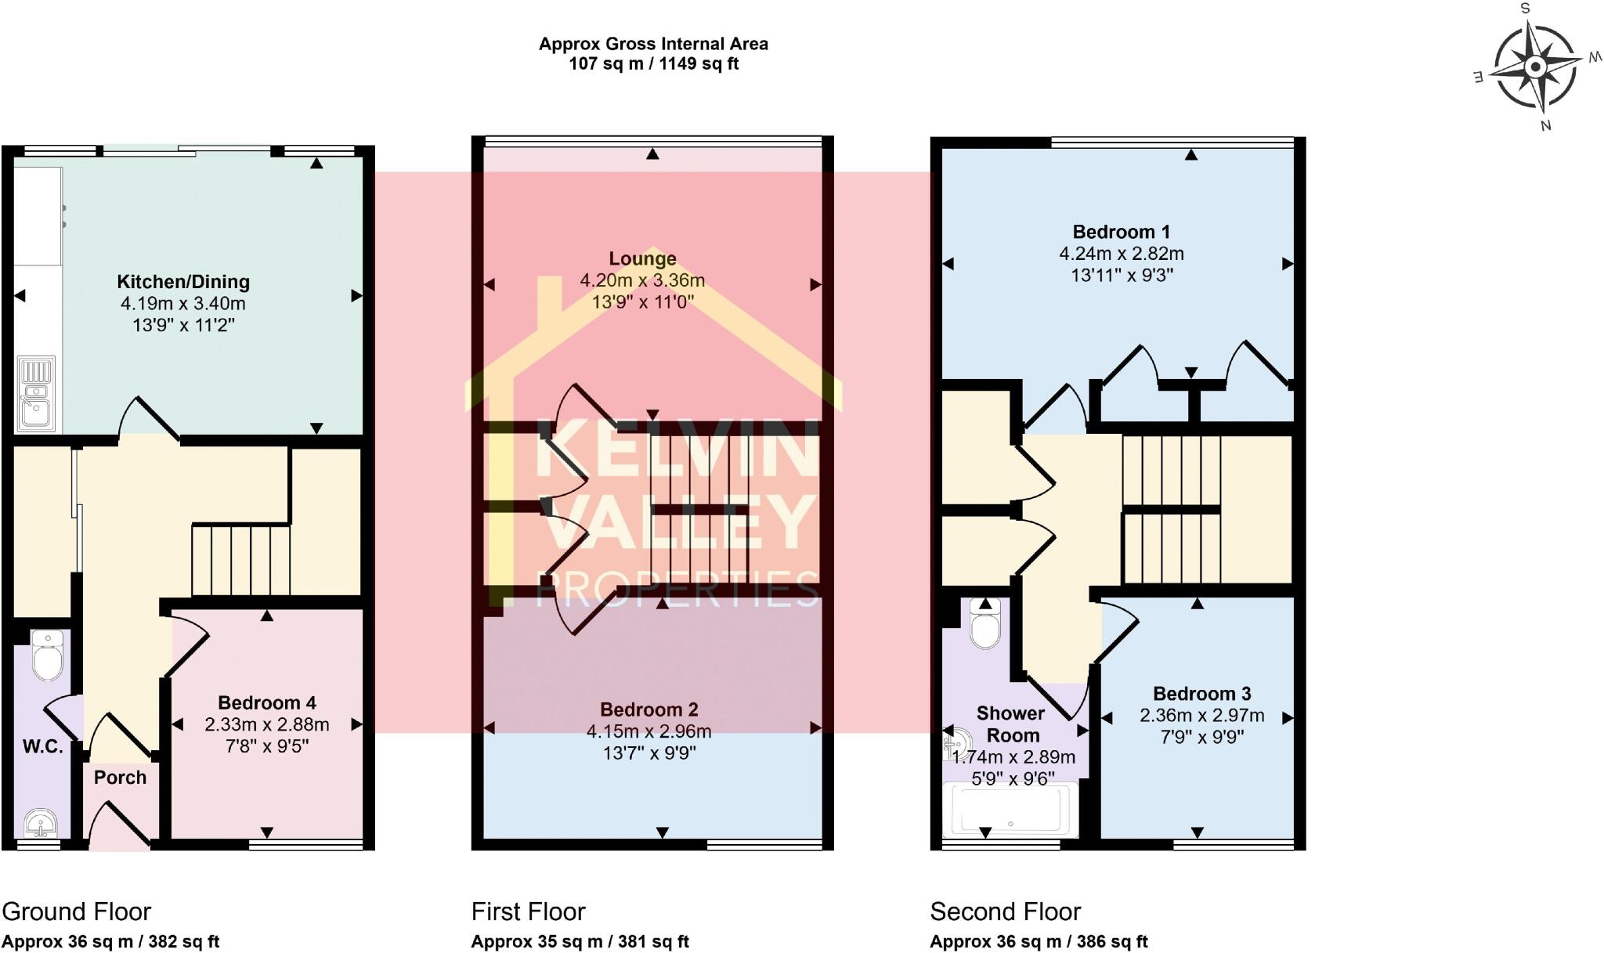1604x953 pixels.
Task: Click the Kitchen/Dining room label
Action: (x=183, y=282)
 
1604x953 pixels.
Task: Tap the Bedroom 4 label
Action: (x=266, y=702)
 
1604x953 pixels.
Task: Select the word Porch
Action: (x=120, y=778)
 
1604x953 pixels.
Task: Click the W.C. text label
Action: (x=42, y=747)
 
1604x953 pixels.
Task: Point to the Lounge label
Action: (x=642, y=258)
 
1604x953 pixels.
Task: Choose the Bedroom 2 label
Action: (x=648, y=709)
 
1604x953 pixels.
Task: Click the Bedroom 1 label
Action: (x=1121, y=232)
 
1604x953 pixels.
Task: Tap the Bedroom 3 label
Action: (x=1201, y=694)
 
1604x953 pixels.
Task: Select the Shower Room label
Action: (x=1011, y=724)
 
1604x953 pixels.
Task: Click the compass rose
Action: (x=1536, y=67)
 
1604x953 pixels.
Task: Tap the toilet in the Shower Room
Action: (x=985, y=624)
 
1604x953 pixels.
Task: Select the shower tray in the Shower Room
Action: (x=1011, y=811)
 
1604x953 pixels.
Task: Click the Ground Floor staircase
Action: (x=241, y=561)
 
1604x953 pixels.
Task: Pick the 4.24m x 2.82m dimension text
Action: (x=1121, y=254)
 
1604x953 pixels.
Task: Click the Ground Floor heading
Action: (x=76, y=911)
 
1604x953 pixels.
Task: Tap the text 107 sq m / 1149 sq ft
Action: (x=653, y=64)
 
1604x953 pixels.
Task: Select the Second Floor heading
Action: (x=1005, y=911)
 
